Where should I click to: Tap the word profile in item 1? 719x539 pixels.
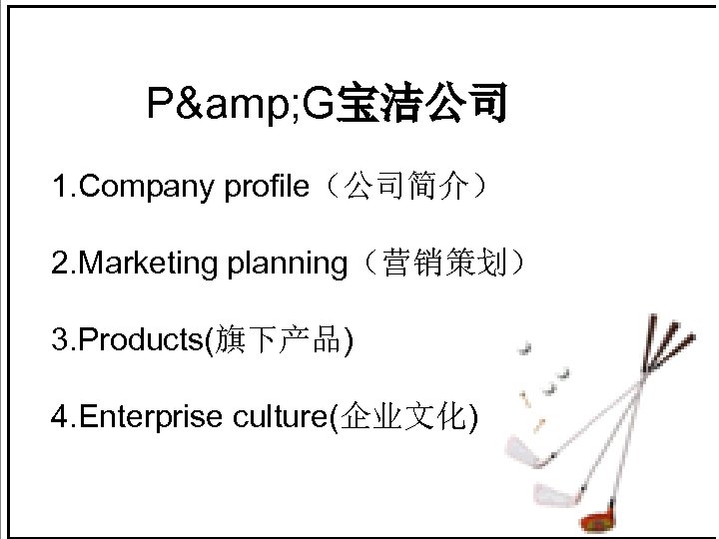tap(268, 187)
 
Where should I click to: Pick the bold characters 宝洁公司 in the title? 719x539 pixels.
tap(422, 104)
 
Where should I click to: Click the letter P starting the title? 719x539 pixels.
tap(159, 103)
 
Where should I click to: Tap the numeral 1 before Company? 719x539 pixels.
tap(61, 187)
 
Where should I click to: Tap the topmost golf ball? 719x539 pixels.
tap(526, 348)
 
